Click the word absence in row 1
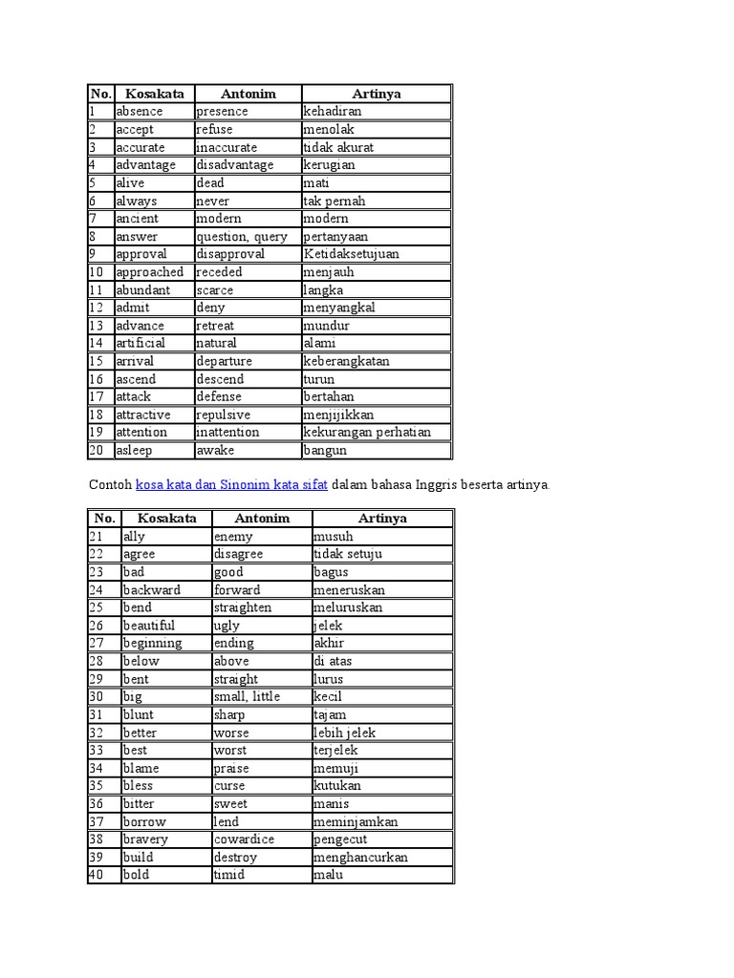click(139, 112)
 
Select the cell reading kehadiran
click(332, 112)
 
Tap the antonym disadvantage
click(234, 165)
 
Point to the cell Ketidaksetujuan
click(351, 254)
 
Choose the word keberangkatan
click(346, 362)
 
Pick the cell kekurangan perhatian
click(367, 433)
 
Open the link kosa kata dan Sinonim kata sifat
click(231, 485)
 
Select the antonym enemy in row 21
click(233, 537)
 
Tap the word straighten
click(243, 607)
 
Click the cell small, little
click(247, 697)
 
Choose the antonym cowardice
click(244, 840)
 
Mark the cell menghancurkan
click(360, 858)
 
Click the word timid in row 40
click(229, 875)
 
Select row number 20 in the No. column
click(97, 450)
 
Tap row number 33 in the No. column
click(97, 751)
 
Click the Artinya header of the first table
click(376, 94)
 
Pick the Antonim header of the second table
click(261, 519)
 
